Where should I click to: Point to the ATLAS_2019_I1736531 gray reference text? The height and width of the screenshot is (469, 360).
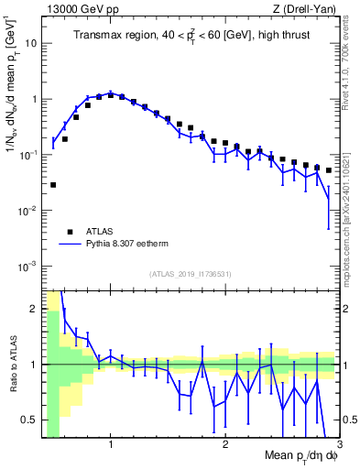point(191,274)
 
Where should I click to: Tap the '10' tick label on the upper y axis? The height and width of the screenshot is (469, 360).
point(32,43)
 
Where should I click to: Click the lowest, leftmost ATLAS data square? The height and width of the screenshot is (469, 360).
point(53,185)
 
